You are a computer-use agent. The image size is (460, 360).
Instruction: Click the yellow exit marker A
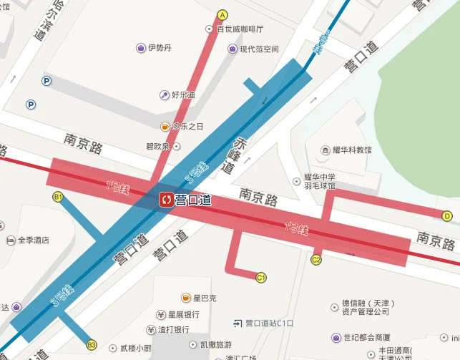pos(222,14)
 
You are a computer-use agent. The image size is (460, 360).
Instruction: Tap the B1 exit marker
pos(58,196)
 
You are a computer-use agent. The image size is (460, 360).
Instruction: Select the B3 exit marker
pos(92,345)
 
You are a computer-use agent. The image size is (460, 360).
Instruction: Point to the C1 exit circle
pos(261,277)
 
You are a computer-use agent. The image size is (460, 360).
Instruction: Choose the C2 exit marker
pos(316,260)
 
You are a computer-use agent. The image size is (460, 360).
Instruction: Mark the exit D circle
pos(447,215)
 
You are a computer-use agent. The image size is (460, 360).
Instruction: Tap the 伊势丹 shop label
pos(159,48)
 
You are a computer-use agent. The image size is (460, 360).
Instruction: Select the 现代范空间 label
pos(258,49)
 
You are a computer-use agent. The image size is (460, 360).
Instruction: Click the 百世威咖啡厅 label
pos(240,29)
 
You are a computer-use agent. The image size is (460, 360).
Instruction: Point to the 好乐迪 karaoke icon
pos(165,95)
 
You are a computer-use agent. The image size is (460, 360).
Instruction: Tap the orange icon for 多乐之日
pos(165,127)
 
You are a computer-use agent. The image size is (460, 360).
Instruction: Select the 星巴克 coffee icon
pos(186,298)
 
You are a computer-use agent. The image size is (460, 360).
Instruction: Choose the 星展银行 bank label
pos(183,314)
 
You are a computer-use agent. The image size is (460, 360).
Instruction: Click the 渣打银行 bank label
pos(174,330)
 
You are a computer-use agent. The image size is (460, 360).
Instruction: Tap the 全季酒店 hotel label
pos(33,240)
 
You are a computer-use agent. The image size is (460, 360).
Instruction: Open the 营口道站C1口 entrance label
pos(269,323)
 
